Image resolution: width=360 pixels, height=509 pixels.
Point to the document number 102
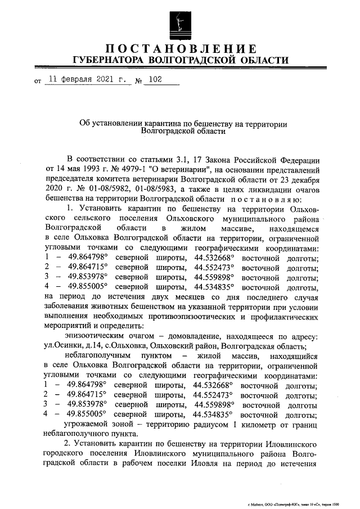point(152,80)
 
